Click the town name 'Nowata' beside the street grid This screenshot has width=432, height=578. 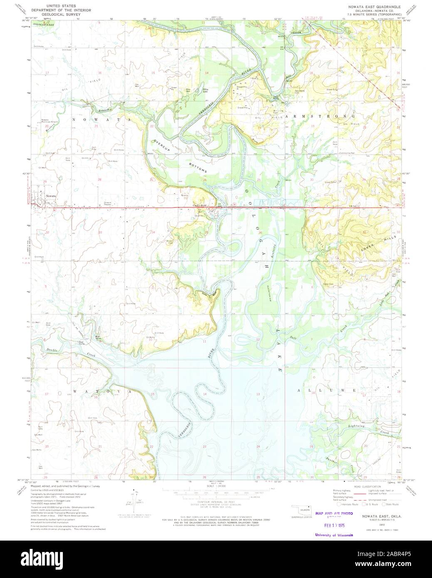[x=51, y=195]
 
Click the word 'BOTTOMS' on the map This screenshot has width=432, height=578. [x=197, y=164]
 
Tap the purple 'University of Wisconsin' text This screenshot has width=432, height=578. [x=334, y=535]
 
